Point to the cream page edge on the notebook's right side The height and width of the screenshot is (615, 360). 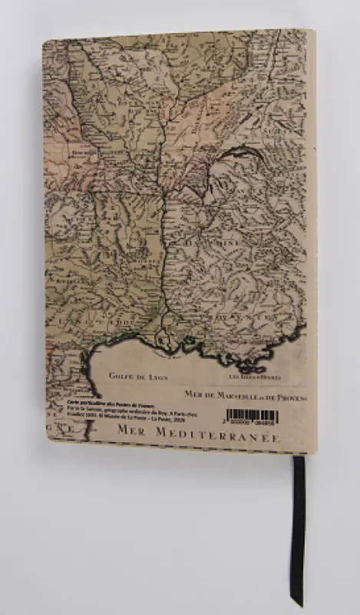pos(312,231)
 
